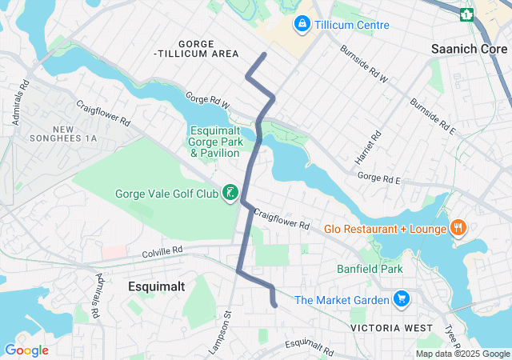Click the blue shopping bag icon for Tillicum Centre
coord(302,25)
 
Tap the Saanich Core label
coord(470,49)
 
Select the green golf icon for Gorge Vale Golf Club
coord(230,193)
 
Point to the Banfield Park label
coord(370,270)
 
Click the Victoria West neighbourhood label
coord(391,328)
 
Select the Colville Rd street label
coord(159,250)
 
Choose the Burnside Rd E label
coord(433,117)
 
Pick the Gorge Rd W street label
coord(207,101)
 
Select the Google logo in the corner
coord(26,350)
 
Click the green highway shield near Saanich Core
coord(466,14)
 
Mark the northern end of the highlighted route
coord(265,54)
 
